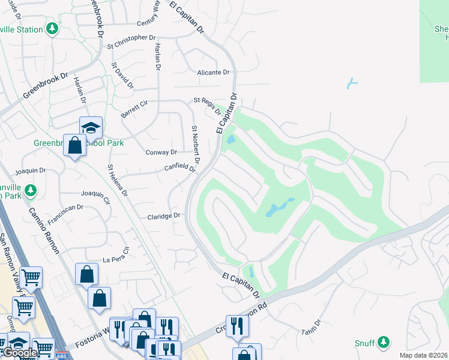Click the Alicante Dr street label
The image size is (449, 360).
coord(214,72)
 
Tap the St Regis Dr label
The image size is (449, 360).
coord(206,104)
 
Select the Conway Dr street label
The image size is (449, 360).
coord(161,152)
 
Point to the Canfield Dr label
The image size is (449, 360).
coord(181,167)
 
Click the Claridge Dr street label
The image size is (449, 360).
coord(164,215)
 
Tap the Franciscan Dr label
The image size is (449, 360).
coord(66,215)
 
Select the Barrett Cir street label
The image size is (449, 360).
coord(134,109)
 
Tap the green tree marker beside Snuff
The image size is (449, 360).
coord(383,343)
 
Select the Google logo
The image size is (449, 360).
coord(20,353)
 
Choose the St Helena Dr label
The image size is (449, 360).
coord(117,181)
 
